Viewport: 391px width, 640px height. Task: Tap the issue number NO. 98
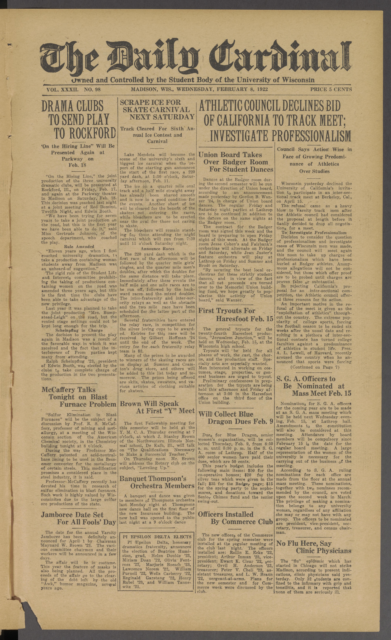point(92,90)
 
